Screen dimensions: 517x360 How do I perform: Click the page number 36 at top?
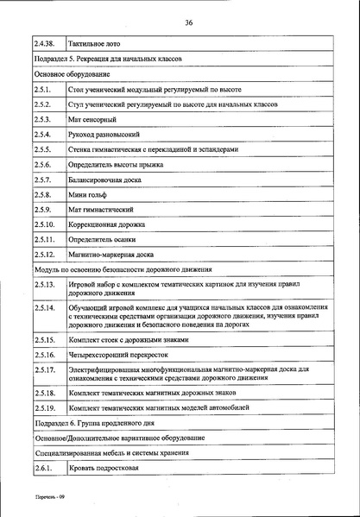coord(188,23)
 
